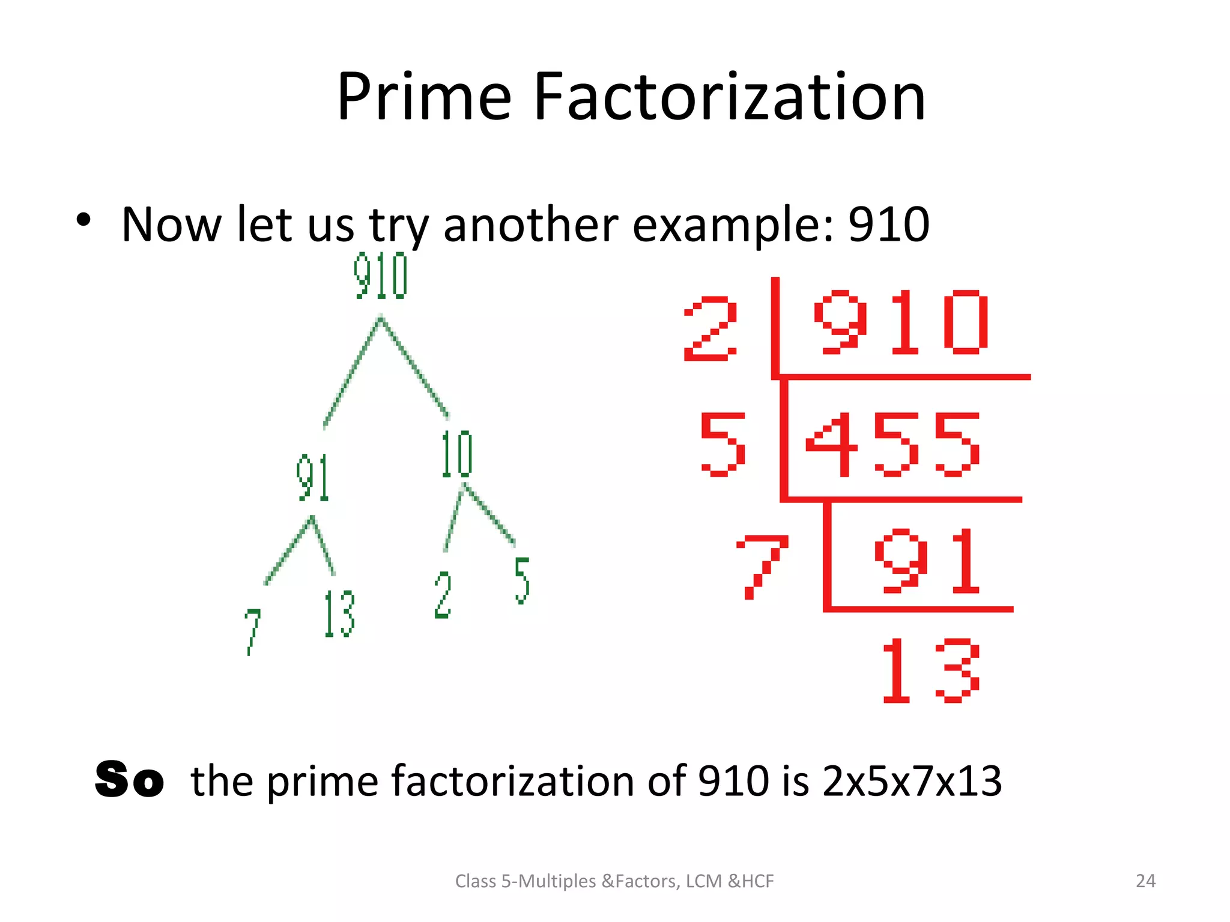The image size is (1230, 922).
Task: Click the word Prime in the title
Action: point(423,97)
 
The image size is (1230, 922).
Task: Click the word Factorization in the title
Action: point(729,97)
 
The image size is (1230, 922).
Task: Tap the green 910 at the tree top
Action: point(381,276)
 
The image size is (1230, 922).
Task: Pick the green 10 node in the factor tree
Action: point(457,454)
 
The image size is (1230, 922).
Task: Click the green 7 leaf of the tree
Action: point(252,631)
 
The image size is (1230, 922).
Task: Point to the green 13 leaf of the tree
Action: point(339,613)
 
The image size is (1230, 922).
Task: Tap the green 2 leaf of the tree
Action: point(443,595)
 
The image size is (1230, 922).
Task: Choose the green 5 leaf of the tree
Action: point(522,580)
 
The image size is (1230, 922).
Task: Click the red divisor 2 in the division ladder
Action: point(710,329)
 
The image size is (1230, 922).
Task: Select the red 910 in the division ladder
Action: point(901,322)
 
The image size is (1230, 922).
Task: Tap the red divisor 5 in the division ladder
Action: point(723,445)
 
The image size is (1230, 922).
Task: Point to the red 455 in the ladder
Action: point(892,445)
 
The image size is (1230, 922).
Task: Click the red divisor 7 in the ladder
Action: point(762,567)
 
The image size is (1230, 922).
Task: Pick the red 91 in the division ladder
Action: point(927,561)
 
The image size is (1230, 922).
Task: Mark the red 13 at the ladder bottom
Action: point(930,670)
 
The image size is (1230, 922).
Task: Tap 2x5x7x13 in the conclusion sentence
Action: point(912,781)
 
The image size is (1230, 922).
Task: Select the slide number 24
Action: point(1145,881)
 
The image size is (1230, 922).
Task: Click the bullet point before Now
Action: point(83,220)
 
